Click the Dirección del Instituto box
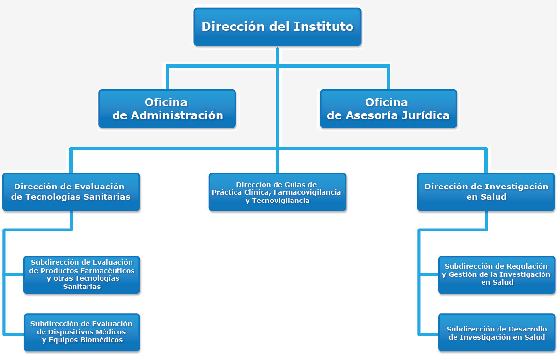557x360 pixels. coord(278,27)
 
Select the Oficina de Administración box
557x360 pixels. coord(167,109)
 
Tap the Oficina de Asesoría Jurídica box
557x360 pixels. coord(388,109)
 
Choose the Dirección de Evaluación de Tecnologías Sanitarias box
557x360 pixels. coord(71,192)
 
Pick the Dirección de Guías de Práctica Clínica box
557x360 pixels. coord(278,192)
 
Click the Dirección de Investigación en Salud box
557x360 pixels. coord(485,192)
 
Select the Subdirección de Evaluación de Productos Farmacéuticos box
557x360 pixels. coord(82,275)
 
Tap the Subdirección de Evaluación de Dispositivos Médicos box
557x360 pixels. coord(82,332)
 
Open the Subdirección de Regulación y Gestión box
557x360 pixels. coord(496,275)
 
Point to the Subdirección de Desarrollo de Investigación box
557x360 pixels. coord(496,332)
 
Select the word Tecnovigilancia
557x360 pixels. coord(280,201)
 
